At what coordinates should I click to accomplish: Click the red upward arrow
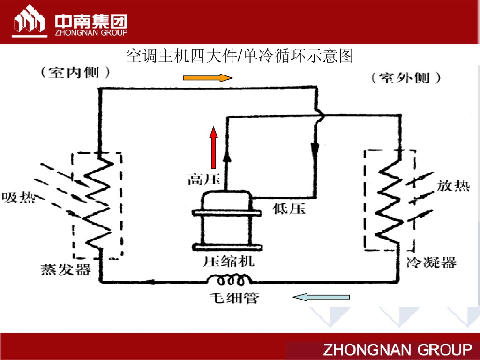[x=214, y=147]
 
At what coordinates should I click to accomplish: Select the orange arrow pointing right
[x=207, y=77]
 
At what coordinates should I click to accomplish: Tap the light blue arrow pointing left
[x=321, y=297]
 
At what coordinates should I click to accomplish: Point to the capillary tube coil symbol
[x=230, y=280]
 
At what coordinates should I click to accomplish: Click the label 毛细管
[x=233, y=298]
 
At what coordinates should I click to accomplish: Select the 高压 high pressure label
[x=200, y=179]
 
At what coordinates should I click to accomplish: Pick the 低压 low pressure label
[x=289, y=209]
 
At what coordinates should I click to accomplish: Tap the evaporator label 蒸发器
[x=65, y=270]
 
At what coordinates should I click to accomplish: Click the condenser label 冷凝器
[x=431, y=262]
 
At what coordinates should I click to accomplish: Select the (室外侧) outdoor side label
[x=406, y=78]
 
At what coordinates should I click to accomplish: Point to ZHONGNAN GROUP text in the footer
[x=397, y=350]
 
